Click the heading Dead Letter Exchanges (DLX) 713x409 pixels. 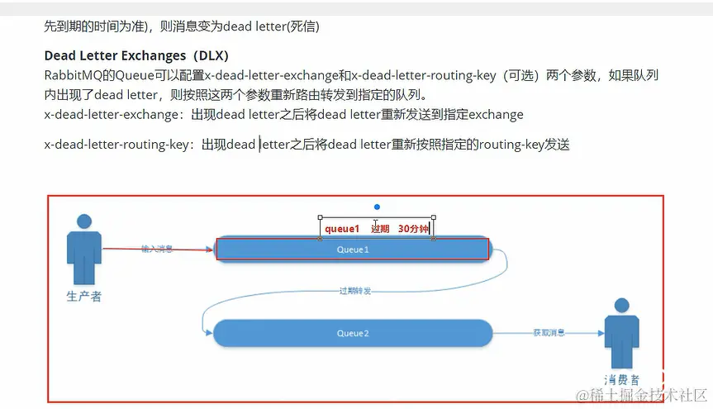click(136, 56)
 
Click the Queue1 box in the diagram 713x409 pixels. click(352, 249)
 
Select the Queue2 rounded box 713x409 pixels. click(352, 333)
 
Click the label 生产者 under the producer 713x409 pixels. click(83, 296)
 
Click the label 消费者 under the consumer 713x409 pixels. click(622, 379)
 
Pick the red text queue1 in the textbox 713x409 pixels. click(342, 228)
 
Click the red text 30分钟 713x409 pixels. click(413, 228)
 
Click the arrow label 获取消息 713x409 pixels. click(549, 333)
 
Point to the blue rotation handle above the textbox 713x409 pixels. click(377, 207)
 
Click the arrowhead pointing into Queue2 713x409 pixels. click(207, 333)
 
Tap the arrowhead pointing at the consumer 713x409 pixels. click(601, 334)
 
